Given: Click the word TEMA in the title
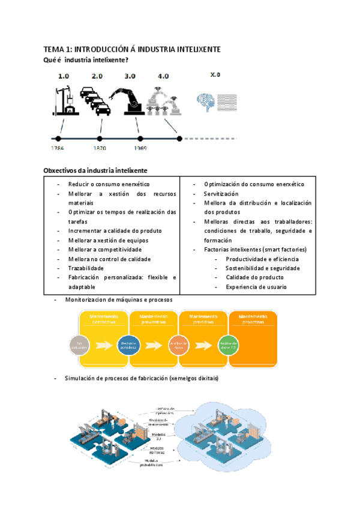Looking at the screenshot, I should (x=54, y=49).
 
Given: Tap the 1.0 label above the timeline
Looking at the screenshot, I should (x=64, y=76).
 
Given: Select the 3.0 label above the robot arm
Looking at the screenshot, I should (x=130, y=76).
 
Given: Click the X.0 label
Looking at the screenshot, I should (x=215, y=75).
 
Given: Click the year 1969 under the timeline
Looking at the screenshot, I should (x=141, y=148).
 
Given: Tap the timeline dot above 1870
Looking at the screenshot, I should (x=100, y=137).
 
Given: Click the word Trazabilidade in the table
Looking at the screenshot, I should (x=86, y=268).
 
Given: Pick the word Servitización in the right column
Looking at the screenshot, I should (x=221, y=194).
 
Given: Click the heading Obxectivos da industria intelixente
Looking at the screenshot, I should (x=95, y=170).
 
